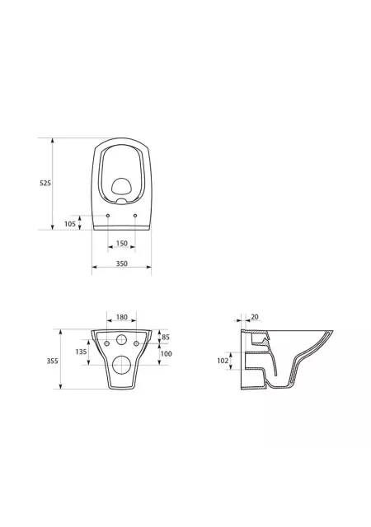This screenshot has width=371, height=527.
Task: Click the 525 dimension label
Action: click(x=45, y=183)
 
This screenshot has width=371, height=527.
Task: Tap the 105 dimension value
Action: click(x=70, y=224)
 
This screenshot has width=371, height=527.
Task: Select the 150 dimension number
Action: click(x=121, y=243)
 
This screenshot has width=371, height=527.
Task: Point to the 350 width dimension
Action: click(x=121, y=263)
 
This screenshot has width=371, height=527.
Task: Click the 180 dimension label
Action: click(x=121, y=317)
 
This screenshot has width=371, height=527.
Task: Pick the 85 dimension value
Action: click(x=166, y=337)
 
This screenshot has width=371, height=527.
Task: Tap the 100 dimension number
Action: click(x=166, y=353)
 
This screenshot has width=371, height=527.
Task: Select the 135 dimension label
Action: click(x=81, y=352)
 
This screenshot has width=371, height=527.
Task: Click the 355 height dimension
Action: click(x=52, y=361)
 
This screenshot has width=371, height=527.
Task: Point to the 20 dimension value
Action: click(x=255, y=316)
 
